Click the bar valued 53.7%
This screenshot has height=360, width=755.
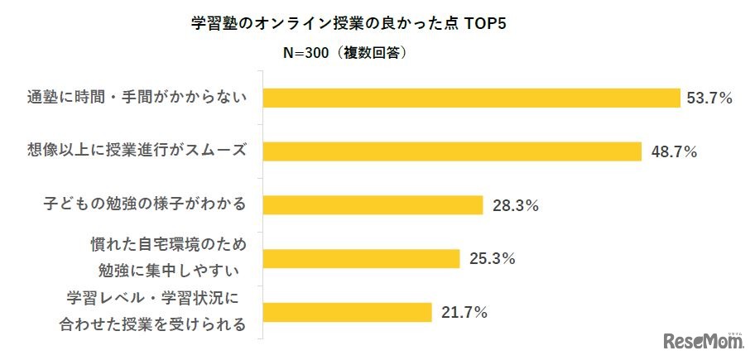471,98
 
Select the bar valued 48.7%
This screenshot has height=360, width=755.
452,151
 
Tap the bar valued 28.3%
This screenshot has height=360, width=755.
373,204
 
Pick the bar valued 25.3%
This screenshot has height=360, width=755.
361,258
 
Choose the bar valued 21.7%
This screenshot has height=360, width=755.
347,312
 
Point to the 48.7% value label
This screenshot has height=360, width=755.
673,152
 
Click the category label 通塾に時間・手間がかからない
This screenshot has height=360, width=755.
134,98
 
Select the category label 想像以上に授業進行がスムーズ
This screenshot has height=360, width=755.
134,151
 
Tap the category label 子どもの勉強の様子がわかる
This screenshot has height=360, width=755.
145,204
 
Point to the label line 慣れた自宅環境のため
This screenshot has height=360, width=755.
168,246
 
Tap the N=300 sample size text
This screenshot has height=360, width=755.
306,52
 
